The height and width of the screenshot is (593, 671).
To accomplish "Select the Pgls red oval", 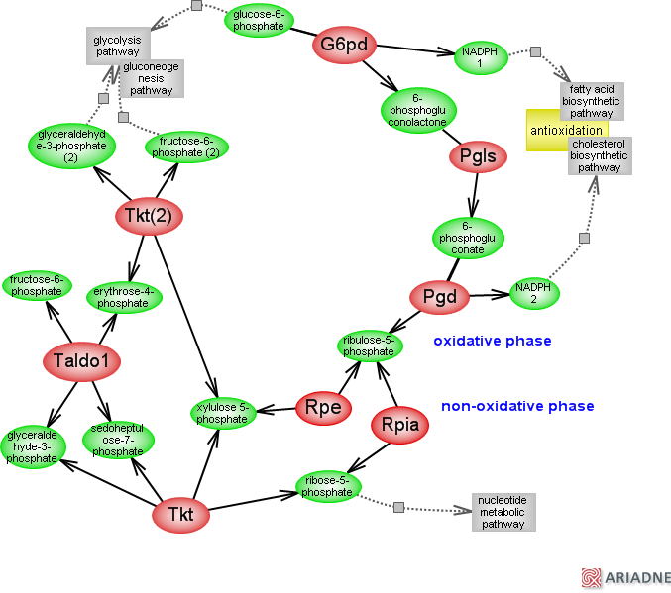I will point(478,156).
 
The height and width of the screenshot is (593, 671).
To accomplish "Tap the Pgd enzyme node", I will point(439,296).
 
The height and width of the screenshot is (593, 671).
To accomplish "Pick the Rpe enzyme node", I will point(323,407).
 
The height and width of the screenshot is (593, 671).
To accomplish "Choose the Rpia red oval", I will point(400,426).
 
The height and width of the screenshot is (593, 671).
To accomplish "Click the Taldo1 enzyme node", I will point(81,361).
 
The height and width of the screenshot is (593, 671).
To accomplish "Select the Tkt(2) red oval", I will point(150,216).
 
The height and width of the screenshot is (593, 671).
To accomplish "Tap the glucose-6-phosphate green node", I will point(259,21).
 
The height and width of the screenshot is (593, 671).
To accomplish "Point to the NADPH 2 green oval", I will point(533,292).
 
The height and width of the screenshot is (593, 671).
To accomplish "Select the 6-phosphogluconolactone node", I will point(417,111).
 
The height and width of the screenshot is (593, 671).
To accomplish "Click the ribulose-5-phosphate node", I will point(368,346).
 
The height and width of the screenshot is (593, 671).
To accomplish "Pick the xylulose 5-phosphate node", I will point(222,413).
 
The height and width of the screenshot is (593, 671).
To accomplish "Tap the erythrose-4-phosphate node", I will point(122,297).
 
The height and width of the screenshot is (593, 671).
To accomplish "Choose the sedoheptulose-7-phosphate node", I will point(118,440).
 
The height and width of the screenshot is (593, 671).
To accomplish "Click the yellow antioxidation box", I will point(566,131).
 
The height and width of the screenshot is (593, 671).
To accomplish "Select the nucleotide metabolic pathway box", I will point(503,511).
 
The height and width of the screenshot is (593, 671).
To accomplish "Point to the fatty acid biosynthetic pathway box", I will point(592,101).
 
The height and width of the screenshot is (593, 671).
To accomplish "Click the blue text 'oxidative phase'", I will point(492,341).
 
